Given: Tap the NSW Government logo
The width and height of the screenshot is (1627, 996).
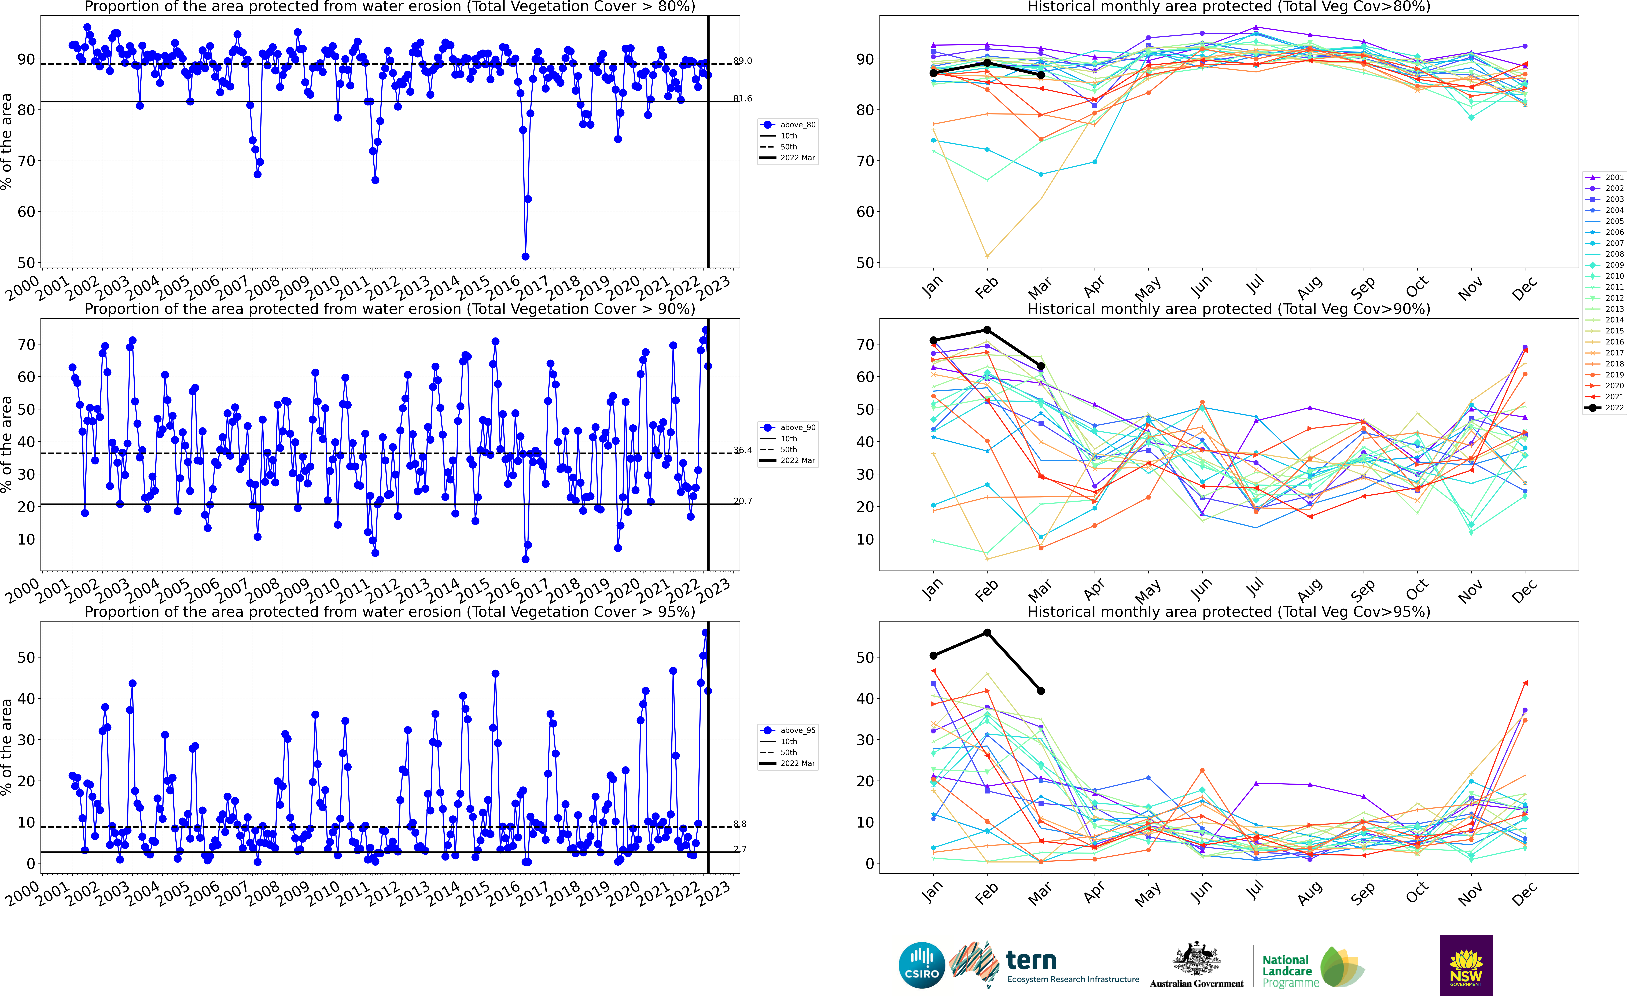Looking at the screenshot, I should click(x=1466, y=965).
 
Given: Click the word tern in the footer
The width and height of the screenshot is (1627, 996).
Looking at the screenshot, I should click(x=1031, y=960).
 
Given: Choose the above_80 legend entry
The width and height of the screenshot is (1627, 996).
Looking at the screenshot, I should click(x=789, y=125).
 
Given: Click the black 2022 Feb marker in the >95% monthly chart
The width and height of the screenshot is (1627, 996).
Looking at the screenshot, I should click(x=987, y=633).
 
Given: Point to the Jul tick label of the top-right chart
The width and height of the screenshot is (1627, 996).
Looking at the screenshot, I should click(x=1255, y=284).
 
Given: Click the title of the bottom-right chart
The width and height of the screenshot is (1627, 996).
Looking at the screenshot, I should click(x=1229, y=612).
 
